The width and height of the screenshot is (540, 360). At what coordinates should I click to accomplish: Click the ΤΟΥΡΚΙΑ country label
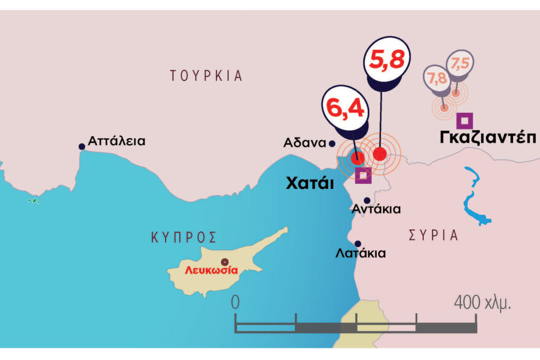click(206, 76)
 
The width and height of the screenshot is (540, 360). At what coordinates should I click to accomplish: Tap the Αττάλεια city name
click(117, 141)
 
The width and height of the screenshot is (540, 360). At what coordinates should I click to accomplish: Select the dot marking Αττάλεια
click(82, 147)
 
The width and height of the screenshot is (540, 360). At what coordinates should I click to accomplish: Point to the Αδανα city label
click(304, 143)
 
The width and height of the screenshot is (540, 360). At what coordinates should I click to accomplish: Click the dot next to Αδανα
click(332, 144)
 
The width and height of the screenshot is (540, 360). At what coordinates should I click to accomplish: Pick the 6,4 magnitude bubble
click(345, 110)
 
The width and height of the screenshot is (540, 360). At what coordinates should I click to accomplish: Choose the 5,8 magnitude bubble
click(385, 61)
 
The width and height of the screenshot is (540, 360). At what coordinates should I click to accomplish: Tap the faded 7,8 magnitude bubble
click(437, 78)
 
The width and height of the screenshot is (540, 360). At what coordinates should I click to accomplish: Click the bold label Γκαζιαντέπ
click(488, 137)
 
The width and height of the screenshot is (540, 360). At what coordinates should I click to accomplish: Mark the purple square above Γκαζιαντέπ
click(465, 120)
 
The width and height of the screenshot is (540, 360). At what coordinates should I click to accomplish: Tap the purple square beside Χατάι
click(363, 175)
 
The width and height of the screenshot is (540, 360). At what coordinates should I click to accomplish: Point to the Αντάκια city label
click(376, 209)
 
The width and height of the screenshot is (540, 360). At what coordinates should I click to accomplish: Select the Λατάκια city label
click(361, 253)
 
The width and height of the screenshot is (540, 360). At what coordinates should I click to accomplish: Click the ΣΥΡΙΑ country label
click(433, 236)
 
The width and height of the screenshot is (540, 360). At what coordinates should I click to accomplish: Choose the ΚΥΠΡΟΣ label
click(184, 237)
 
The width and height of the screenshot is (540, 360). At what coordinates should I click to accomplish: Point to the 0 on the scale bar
click(235, 302)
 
